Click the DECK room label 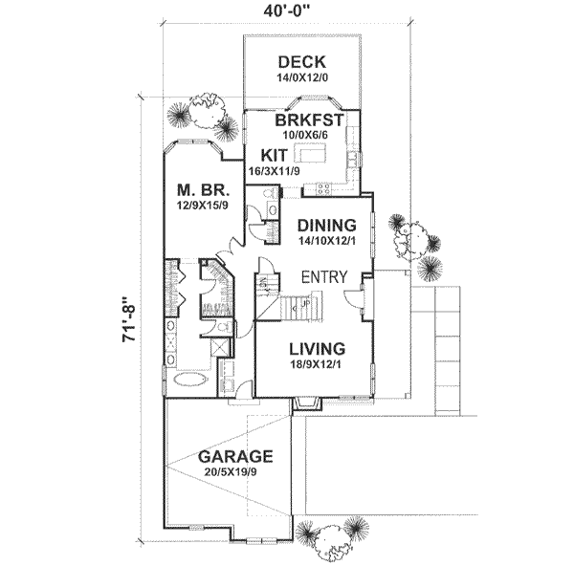pyautogui.click(x=301, y=65)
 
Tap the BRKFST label pyautogui.click(x=309, y=121)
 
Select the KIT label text pyautogui.click(x=260, y=154)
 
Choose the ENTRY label pyautogui.click(x=323, y=277)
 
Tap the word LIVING pyautogui.click(x=311, y=348)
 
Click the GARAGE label pyautogui.click(x=235, y=456)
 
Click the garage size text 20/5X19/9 pyautogui.click(x=235, y=471)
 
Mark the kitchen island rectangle pyautogui.click(x=312, y=153)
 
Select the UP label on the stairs pyautogui.click(x=305, y=304)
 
